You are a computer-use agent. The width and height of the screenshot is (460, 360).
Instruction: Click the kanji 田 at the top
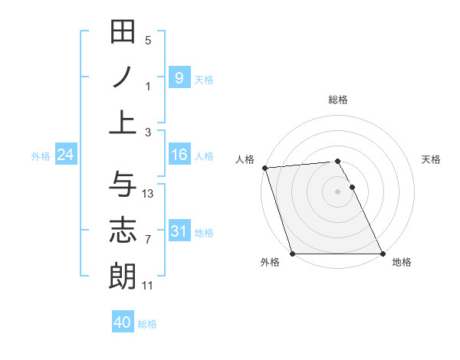click(x=123, y=33)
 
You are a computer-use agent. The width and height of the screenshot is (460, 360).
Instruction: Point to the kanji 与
click(x=123, y=184)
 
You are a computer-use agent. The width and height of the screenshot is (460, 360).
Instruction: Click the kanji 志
click(x=123, y=230)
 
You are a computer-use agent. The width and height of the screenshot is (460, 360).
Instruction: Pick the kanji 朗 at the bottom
click(x=123, y=275)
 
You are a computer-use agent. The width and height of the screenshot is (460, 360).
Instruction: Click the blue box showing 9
click(x=179, y=77)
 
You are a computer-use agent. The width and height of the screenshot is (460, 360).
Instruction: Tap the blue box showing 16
click(x=179, y=155)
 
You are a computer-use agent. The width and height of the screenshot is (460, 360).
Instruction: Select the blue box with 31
click(x=179, y=231)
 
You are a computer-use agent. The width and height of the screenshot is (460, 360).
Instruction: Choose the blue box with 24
click(x=66, y=155)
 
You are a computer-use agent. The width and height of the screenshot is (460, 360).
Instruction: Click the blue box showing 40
click(x=122, y=322)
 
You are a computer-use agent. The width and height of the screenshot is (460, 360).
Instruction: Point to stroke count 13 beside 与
click(x=148, y=193)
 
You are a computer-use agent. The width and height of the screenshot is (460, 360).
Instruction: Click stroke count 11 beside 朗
click(x=148, y=285)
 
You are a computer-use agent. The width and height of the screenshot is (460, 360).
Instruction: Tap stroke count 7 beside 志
click(x=148, y=240)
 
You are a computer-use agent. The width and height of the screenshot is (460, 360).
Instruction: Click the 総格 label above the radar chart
click(x=338, y=100)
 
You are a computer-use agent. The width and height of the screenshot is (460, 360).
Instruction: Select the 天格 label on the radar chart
click(x=432, y=159)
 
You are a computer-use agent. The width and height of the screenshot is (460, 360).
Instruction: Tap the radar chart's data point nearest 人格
click(x=264, y=168)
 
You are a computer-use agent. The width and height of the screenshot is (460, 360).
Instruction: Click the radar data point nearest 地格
click(x=383, y=254)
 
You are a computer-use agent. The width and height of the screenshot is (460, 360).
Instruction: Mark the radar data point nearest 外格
click(x=292, y=254)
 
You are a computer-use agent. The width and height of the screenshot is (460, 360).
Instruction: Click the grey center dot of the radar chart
click(x=337, y=191)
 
